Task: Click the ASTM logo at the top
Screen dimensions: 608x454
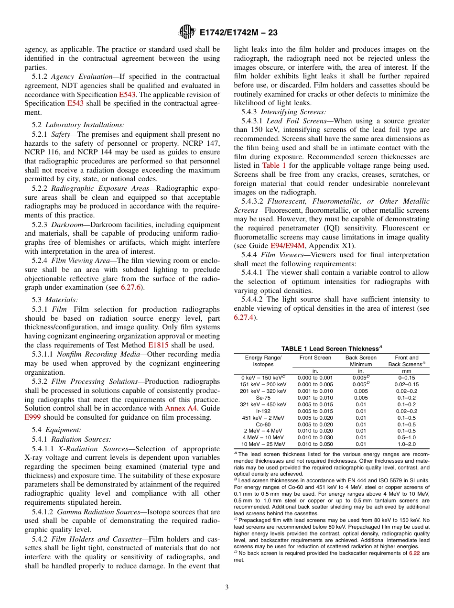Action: click(186, 32)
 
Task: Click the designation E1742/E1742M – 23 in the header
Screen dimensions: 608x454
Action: click(238, 33)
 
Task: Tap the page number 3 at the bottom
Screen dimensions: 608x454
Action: click(227, 587)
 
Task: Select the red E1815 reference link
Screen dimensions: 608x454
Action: click(158, 345)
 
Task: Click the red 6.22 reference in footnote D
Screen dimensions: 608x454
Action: click(414, 553)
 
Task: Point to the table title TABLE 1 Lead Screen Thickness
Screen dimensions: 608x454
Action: click(331, 348)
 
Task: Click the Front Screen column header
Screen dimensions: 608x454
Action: click(315, 358)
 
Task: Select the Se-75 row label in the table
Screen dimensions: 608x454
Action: click(263, 398)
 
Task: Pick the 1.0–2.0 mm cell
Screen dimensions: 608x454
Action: click(407, 444)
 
